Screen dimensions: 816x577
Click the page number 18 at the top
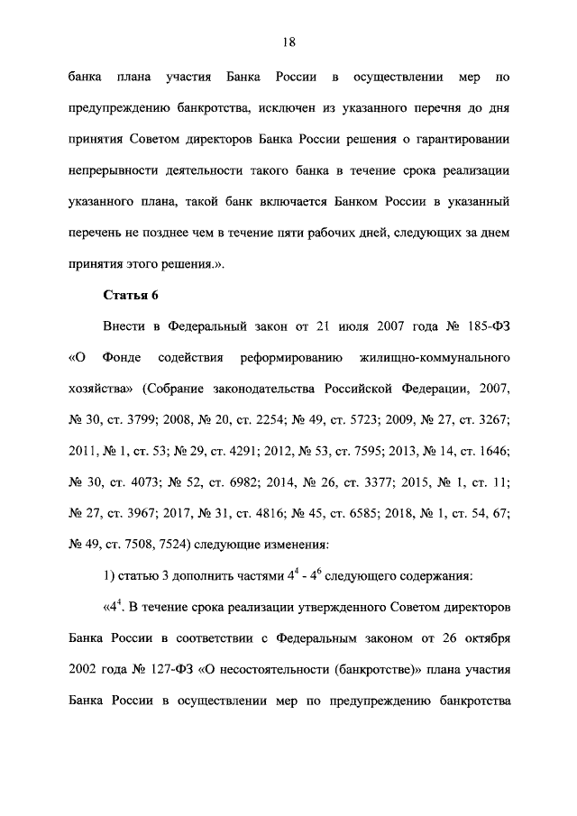click(x=288, y=41)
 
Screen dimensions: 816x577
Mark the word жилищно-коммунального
click(x=442, y=358)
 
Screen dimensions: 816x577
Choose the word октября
click(x=486, y=640)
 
